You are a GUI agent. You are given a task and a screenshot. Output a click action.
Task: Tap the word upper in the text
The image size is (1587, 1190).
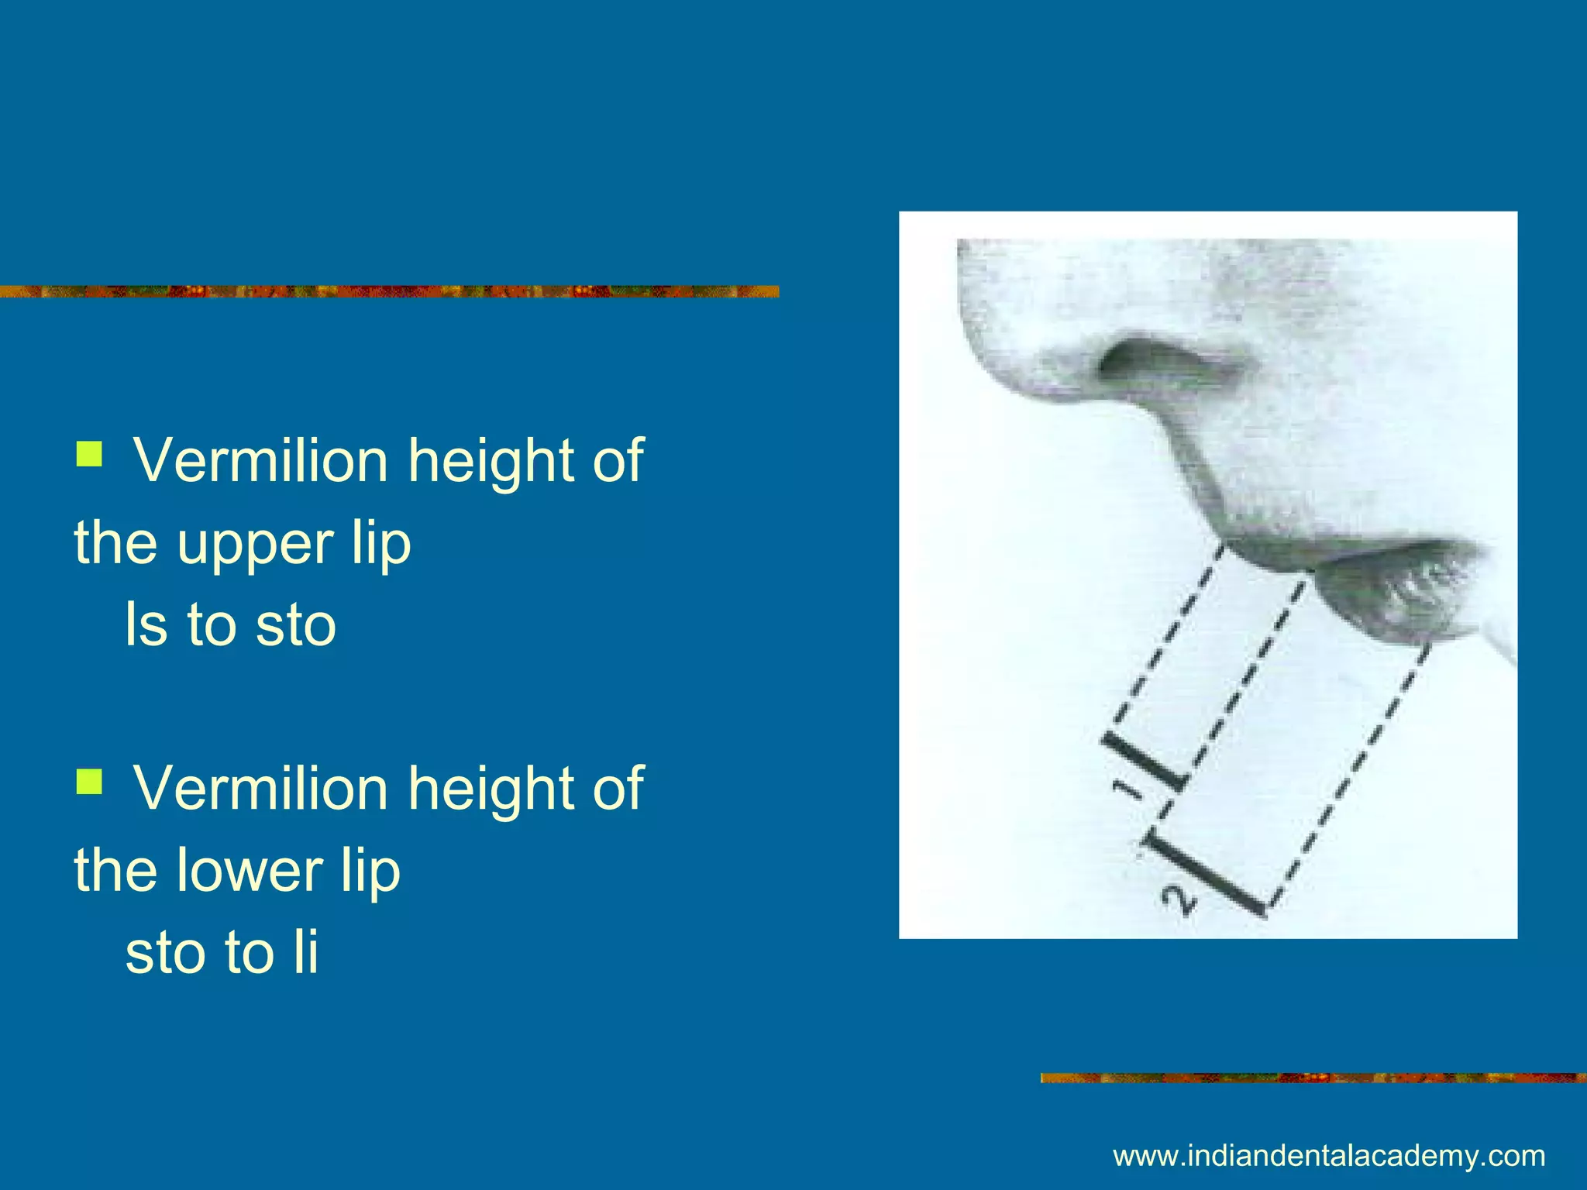(x=255, y=545)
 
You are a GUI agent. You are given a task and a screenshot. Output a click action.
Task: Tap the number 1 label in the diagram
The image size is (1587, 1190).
(x=1128, y=788)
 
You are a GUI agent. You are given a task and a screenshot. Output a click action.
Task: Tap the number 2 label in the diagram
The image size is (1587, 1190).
(x=1179, y=902)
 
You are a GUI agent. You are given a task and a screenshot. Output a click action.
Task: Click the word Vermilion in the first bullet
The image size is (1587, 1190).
(x=260, y=461)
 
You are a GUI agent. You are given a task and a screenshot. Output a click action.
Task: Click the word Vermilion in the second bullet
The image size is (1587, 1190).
(x=260, y=789)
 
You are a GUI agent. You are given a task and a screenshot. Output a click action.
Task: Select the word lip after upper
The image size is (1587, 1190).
(x=380, y=545)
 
